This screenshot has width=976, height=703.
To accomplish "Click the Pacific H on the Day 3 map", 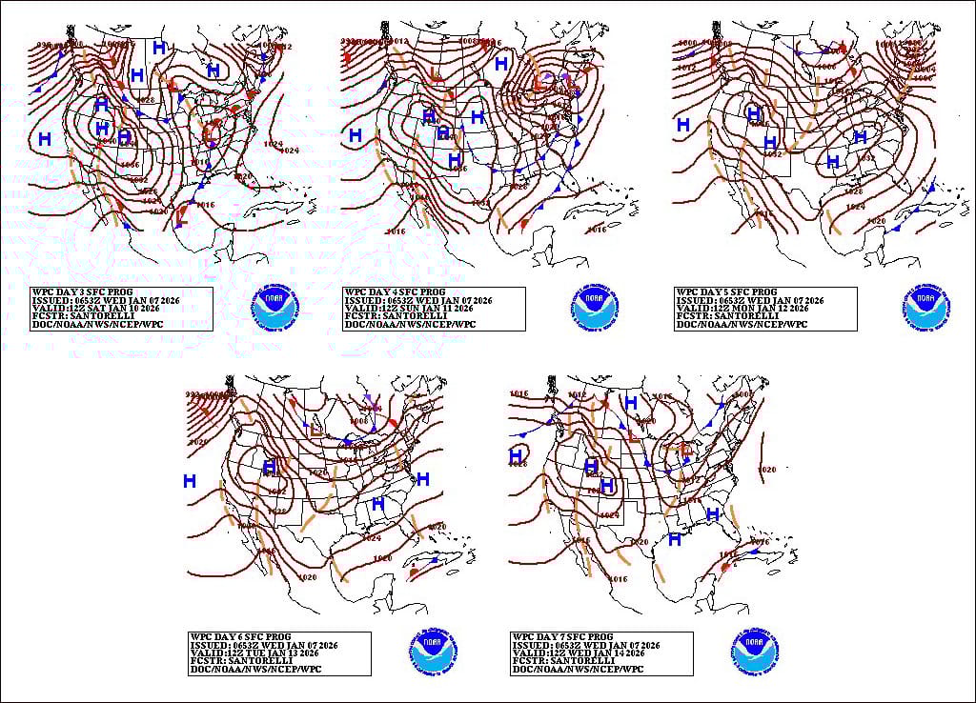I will click(45, 139).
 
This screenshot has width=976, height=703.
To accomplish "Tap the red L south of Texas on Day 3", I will click(180, 217).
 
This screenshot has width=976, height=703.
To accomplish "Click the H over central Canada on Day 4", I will click(501, 64).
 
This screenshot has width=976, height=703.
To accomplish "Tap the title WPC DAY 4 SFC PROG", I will click(394, 292).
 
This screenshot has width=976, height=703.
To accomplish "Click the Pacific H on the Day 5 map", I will click(683, 125).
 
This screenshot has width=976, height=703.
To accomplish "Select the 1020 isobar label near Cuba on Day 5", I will click(877, 220).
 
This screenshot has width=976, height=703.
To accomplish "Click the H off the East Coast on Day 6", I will click(423, 478).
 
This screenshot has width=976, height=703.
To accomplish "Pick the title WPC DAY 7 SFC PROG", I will click(561, 636).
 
